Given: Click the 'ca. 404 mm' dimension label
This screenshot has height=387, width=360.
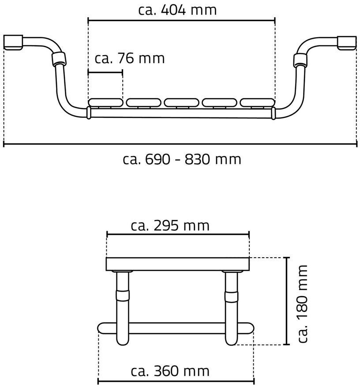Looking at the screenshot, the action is coord(177,10).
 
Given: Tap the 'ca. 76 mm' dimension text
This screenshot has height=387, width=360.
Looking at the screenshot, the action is coord(130,59).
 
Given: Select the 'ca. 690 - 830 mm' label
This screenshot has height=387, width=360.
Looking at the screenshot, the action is coord(182,159).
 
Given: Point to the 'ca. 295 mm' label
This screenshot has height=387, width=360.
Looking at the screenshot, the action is coord(170,226).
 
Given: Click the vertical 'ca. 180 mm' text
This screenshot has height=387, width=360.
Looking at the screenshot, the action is coord(303,304).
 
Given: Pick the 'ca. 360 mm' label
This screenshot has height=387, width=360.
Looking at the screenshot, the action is coord(170,371).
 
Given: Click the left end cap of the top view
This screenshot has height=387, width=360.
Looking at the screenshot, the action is coord(13,42).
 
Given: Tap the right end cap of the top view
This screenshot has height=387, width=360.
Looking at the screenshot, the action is coord(347,43).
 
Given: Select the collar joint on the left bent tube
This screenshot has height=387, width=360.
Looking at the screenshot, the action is coord(59,59).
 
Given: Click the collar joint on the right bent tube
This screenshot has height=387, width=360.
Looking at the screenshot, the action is coord(300,61).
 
